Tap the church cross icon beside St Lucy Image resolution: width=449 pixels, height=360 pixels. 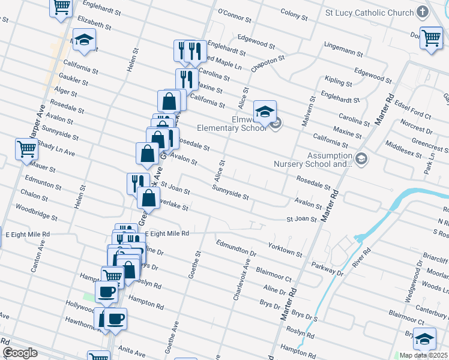(423, 12)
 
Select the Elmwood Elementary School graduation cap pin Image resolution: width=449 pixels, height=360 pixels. (265, 112)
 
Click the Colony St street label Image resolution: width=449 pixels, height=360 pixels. (294, 13)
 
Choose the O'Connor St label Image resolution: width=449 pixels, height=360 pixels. (234, 12)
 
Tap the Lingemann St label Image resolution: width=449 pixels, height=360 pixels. (342, 44)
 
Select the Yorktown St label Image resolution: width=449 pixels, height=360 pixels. (285, 250)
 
